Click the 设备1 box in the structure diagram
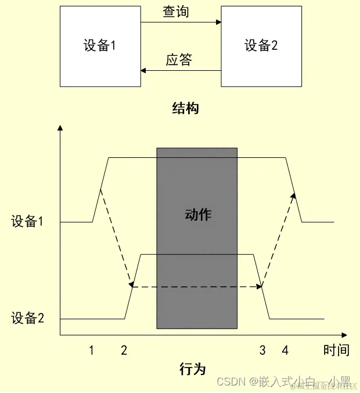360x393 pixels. (x=100, y=46)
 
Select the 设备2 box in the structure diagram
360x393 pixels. (x=261, y=46)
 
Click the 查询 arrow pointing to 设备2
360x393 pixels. (x=181, y=23)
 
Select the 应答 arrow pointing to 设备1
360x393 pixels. (x=181, y=71)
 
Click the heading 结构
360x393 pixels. (x=186, y=108)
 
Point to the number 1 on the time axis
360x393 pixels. (x=91, y=350)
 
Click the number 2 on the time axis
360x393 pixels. (x=124, y=350)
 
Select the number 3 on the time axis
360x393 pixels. (x=262, y=350)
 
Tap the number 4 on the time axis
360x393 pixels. (x=285, y=350)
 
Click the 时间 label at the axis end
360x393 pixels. (x=337, y=350)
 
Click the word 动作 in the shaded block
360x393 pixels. (x=199, y=215)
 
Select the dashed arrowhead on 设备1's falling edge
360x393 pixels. (x=293, y=196)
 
